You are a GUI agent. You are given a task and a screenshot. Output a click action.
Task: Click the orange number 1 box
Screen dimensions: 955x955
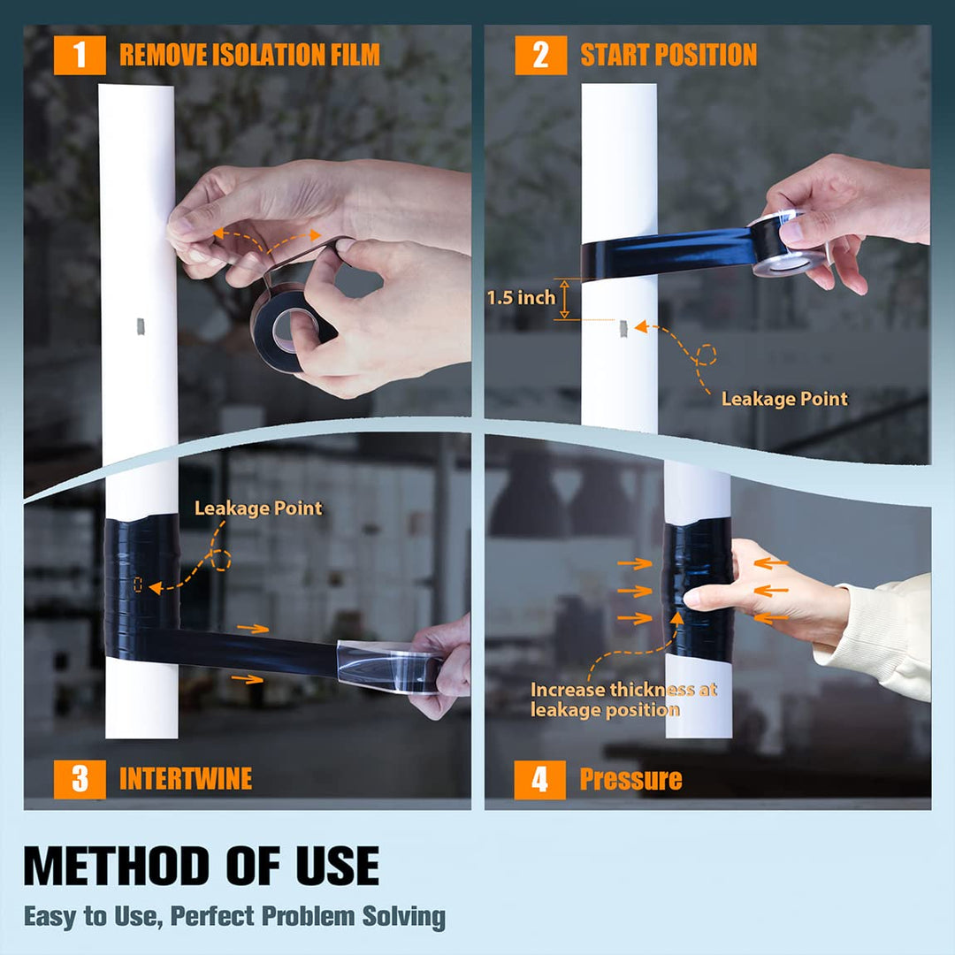click(x=80, y=56)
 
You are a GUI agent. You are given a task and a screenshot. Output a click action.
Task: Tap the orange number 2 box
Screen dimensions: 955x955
click(x=540, y=56)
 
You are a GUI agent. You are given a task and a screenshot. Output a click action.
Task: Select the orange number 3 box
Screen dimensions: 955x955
click(x=80, y=779)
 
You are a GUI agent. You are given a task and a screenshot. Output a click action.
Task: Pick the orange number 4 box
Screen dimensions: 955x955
click(x=539, y=780)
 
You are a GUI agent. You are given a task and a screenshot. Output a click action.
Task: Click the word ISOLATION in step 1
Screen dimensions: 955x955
click(x=266, y=55)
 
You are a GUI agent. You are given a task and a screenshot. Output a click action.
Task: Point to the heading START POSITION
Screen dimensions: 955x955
click(x=668, y=55)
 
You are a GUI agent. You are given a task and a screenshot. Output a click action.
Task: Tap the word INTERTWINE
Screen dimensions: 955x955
click(x=186, y=779)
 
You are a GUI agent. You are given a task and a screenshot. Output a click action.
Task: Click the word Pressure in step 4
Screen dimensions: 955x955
click(x=631, y=780)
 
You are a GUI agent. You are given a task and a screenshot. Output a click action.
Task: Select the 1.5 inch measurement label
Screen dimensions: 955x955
click(x=521, y=298)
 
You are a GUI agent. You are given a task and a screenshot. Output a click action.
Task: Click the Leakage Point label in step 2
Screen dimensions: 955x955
click(x=784, y=399)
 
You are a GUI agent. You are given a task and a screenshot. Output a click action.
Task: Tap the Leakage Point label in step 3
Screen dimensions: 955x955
click(x=258, y=508)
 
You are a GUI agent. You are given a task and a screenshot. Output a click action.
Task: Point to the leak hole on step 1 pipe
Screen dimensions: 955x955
click(x=140, y=326)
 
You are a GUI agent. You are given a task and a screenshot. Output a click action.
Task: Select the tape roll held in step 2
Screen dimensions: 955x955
click(x=786, y=242)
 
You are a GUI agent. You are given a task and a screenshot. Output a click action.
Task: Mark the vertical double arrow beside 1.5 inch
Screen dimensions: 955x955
click(x=564, y=299)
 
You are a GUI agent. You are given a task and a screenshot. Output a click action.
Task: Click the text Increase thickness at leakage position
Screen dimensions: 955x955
click(x=623, y=699)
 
